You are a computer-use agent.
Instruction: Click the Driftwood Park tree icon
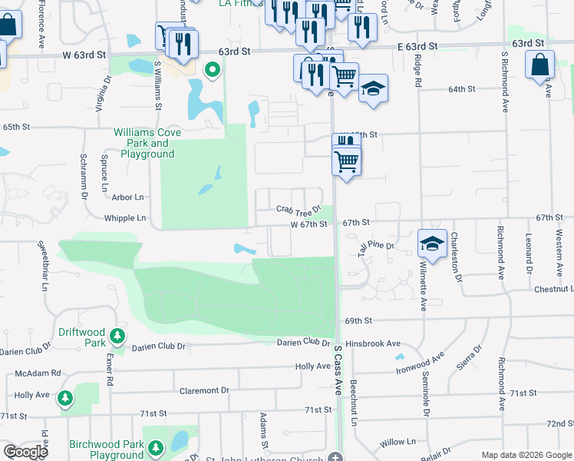tap(117, 335)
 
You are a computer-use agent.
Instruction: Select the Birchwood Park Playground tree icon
tap(156, 447)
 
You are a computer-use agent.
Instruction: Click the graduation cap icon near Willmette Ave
tap(432, 244)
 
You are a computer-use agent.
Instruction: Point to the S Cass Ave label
tap(338, 370)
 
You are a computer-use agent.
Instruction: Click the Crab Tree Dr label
tap(298, 210)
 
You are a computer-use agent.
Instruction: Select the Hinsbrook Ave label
tap(373, 343)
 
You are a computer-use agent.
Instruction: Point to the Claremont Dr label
tap(204, 390)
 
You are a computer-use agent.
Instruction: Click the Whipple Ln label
tap(125, 218)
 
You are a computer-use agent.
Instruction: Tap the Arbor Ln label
tap(128, 197)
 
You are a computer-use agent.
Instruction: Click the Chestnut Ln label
tap(554, 289)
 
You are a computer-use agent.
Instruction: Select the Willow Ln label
tap(397, 442)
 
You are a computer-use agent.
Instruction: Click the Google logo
tap(25, 453)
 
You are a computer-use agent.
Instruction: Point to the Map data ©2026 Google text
tap(525, 455)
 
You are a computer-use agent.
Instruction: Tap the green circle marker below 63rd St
tap(213, 71)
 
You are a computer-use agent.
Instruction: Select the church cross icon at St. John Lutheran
tap(335, 458)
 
